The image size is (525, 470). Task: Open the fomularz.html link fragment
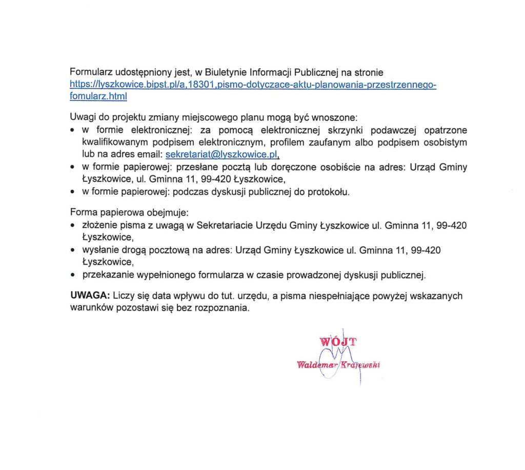tap(98, 96)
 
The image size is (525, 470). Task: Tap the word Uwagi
tap(82, 117)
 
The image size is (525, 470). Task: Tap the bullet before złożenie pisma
tap(74, 226)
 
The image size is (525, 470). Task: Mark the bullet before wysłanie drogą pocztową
tap(74, 251)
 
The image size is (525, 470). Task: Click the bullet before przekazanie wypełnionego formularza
tap(74, 276)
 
